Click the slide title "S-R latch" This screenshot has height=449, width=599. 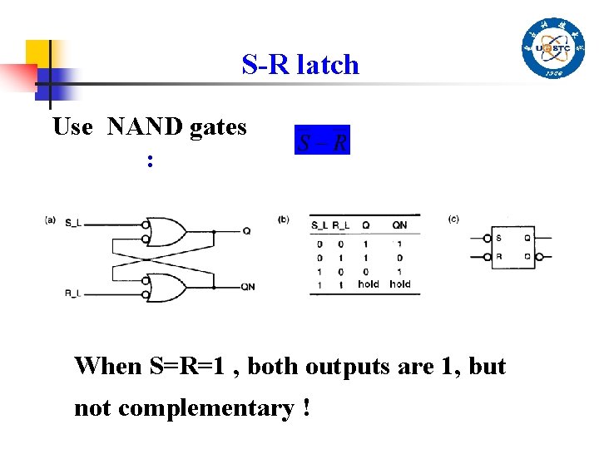click(300, 65)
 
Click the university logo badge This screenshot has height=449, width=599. click(553, 48)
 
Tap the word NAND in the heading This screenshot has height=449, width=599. click(146, 127)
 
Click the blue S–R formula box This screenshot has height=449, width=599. click(322, 140)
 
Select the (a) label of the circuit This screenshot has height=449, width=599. click(51, 220)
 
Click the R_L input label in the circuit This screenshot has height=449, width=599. click(75, 293)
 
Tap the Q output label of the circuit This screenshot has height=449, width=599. click(246, 231)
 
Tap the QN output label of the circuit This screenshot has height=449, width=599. click(249, 287)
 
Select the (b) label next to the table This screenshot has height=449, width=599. click(284, 220)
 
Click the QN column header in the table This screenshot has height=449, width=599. click(400, 225)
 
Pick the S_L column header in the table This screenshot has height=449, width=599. click(320, 225)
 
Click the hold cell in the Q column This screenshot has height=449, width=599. click(368, 284)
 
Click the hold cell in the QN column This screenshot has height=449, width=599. click(400, 284)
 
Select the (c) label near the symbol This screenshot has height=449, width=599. click(453, 220)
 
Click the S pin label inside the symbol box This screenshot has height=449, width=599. click(498, 239)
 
